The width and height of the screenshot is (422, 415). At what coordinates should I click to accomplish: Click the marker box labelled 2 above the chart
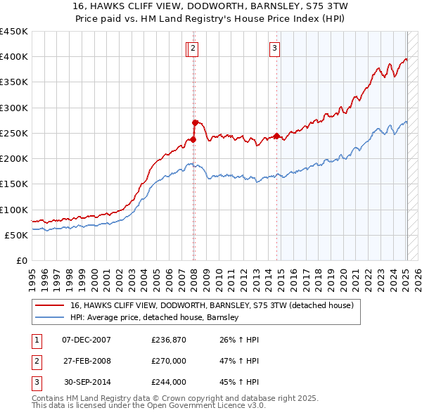pyautogui.click(x=193, y=49)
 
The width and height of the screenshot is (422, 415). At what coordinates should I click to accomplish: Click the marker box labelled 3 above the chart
pyautogui.click(x=274, y=49)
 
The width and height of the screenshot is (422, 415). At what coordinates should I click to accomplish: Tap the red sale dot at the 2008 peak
pyautogui.click(x=195, y=122)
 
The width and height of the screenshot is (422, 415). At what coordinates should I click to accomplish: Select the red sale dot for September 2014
pyautogui.click(x=276, y=136)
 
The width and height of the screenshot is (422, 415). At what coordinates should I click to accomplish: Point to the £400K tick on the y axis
pyautogui.click(x=13, y=57)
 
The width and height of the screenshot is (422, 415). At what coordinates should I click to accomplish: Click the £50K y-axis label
pyautogui.click(x=16, y=235)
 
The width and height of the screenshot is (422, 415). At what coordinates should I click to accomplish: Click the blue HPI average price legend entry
pyautogui.click(x=154, y=317)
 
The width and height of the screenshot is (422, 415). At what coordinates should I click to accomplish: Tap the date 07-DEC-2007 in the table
pyautogui.click(x=86, y=340)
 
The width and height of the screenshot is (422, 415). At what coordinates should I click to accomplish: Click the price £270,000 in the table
pyautogui.click(x=168, y=361)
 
